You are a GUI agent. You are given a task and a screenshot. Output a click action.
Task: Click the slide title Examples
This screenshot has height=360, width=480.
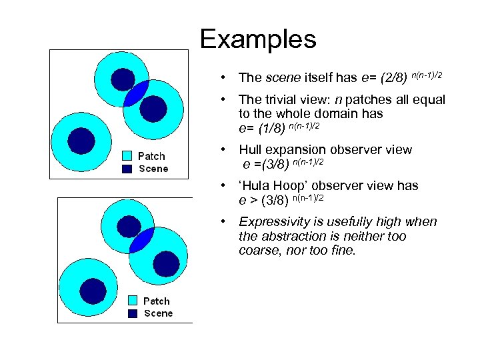coord(257,39)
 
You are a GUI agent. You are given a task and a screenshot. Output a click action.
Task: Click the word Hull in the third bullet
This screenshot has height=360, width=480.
coord(251,150)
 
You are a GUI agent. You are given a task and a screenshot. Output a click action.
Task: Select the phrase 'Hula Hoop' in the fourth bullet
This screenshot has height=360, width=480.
coord(271,186)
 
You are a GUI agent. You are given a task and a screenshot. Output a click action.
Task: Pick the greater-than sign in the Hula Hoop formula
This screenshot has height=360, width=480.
coord(254,200)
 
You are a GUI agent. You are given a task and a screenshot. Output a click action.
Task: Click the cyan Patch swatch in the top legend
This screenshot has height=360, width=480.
coord(127,156)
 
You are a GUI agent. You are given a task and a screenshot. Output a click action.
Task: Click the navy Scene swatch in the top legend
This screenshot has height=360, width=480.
coord(127,169)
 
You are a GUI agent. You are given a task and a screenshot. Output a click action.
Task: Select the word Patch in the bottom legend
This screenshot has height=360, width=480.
coord(157,301)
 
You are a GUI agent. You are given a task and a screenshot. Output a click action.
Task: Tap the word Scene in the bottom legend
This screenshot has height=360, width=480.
coord(158,313)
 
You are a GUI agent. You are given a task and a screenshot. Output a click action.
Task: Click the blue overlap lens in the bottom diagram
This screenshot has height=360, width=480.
coord(141,240)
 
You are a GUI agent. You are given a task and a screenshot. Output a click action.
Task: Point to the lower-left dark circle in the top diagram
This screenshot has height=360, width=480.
coord(82,141)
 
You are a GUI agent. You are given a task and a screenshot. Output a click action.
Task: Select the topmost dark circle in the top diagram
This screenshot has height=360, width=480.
coord(123,79)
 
